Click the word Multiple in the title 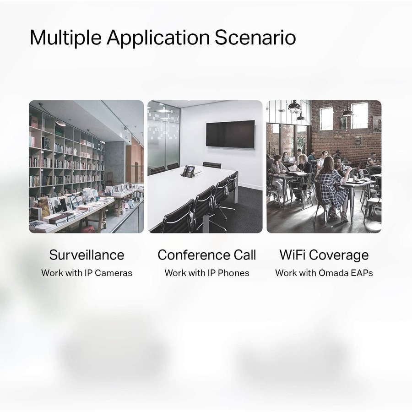65,38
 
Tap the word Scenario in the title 255,38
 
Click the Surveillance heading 87,255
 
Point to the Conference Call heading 207,255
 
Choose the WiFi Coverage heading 324,255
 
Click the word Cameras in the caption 114,273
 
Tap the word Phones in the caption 233,273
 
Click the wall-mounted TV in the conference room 230,134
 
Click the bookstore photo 87,167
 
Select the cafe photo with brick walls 324,167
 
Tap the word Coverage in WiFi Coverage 340,255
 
